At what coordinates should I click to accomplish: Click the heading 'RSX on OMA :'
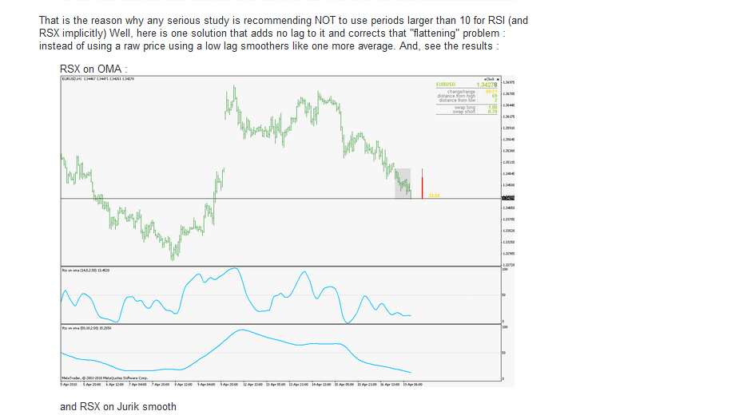(93, 69)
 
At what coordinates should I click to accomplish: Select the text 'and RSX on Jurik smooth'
(117, 406)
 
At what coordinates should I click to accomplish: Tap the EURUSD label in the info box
(445, 85)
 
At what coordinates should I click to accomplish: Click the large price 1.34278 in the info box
(487, 85)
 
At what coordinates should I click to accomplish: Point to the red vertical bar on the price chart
(422, 183)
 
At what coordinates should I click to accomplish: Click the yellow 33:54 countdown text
(433, 196)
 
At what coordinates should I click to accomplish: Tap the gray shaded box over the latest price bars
(402, 183)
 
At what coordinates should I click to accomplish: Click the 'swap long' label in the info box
(465, 107)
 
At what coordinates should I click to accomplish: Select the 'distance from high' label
(457, 96)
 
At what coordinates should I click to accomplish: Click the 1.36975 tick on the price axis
(508, 82)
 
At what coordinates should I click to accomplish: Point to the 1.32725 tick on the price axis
(508, 265)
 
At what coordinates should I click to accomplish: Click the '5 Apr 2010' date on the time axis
(69, 384)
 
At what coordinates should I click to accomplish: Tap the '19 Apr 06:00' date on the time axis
(412, 384)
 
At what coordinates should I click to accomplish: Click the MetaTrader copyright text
(105, 377)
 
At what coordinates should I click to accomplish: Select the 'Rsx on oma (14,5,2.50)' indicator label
(86, 271)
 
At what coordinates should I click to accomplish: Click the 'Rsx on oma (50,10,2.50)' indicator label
(86, 328)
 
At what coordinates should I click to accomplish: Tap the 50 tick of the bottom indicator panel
(503, 352)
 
